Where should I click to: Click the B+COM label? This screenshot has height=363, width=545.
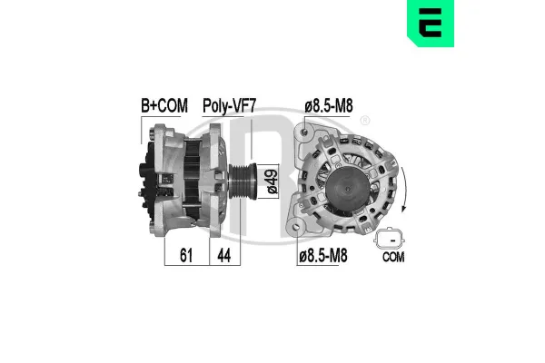[x=164, y=106]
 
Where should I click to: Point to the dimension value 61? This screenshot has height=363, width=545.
[x=186, y=258]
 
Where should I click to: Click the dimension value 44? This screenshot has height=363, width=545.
[x=223, y=258]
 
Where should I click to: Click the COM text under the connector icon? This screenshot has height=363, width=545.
[x=392, y=258]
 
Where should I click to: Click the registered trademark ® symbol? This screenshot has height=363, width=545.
[x=365, y=122]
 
